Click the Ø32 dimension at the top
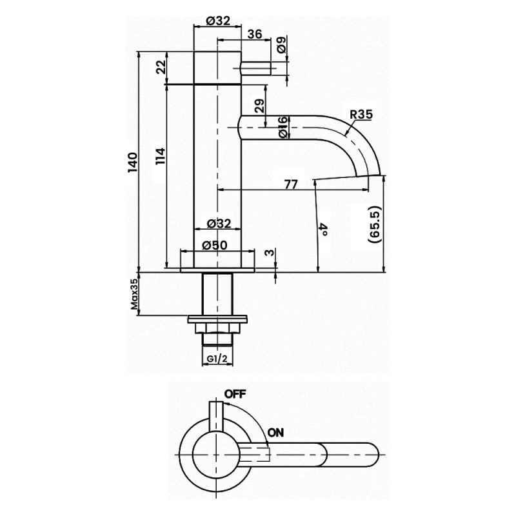[x=218, y=20]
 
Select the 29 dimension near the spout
[x=259, y=106]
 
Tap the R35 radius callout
[x=361, y=115]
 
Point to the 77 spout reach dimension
[x=290, y=184]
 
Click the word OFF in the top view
[x=236, y=393]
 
